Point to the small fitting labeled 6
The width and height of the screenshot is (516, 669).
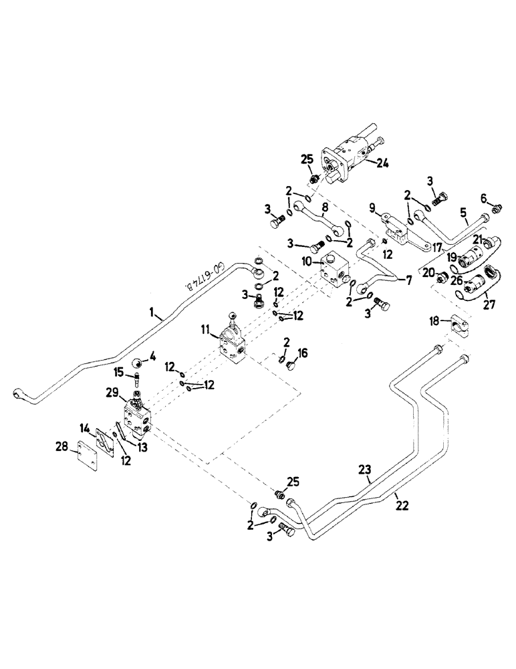[x=496, y=209]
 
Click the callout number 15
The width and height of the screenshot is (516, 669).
[x=119, y=371]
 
